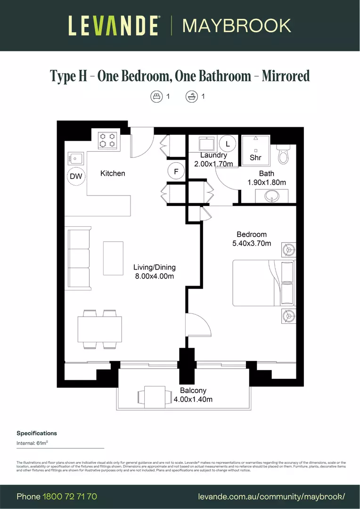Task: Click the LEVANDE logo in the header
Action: [x=113, y=25]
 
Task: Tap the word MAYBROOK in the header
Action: [x=237, y=25]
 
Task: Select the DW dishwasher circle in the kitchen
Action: [x=76, y=176]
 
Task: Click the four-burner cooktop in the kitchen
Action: [x=107, y=140]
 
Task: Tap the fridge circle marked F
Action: [x=176, y=172]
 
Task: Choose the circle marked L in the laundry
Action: [x=228, y=143]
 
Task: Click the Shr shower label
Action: [x=255, y=157]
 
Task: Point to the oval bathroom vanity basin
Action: [x=272, y=196]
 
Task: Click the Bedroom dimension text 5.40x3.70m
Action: [x=252, y=244]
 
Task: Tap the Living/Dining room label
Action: [x=154, y=267]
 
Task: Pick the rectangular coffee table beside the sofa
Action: [x=113, y=258]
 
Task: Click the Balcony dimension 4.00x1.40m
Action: [x=193, y=399]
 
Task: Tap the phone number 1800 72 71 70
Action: [x=70, y=496]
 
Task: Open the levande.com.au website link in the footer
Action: [x=272, y=496]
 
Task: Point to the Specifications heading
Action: [x=37, y=433]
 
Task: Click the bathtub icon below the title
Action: [x=191, y=96]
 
